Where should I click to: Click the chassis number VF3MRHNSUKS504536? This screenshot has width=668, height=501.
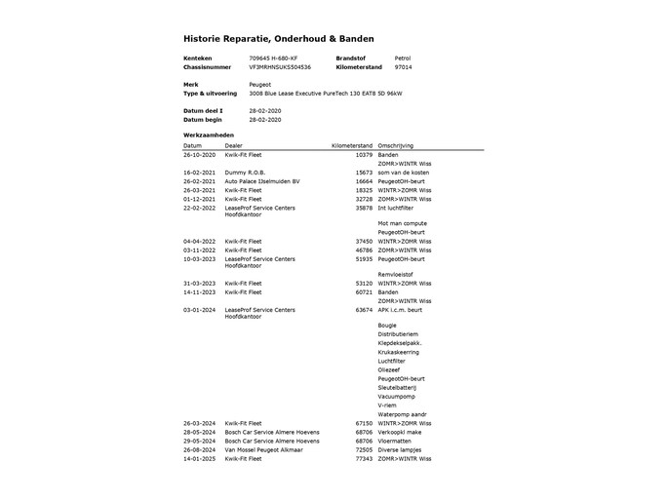(x=280, y=68)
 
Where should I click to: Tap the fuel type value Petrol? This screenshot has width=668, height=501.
(x=402, y=58)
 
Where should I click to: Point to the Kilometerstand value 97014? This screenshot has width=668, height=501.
(x=403, y=68)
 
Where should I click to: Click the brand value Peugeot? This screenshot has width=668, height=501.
(x=259, y=85)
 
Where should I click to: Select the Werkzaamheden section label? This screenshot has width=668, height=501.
(x=209, y=135)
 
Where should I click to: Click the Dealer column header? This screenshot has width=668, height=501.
(x=234, y=145)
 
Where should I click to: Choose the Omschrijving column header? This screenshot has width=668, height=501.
(x=396, y=145)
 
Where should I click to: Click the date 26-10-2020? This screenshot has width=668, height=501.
(x=199, y=154)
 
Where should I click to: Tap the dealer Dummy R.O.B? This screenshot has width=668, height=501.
(x=244, y=172)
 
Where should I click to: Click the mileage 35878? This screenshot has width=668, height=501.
(x=364, y=207)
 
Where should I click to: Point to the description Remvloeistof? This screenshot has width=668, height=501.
(x=398, y=274)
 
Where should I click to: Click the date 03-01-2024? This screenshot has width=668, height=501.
(x=199, y=309)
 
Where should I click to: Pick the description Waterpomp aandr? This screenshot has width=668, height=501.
(x=402, y=414)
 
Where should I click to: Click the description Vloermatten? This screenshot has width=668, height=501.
(x=397, y=441)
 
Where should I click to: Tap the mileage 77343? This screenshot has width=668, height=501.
(x=364, y=458)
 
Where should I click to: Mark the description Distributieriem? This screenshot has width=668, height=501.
(x=401, y=334)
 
